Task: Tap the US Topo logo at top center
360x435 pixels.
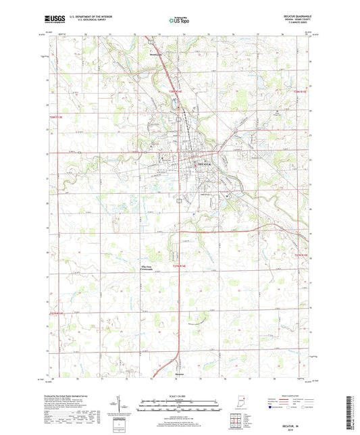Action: pos(179,21)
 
